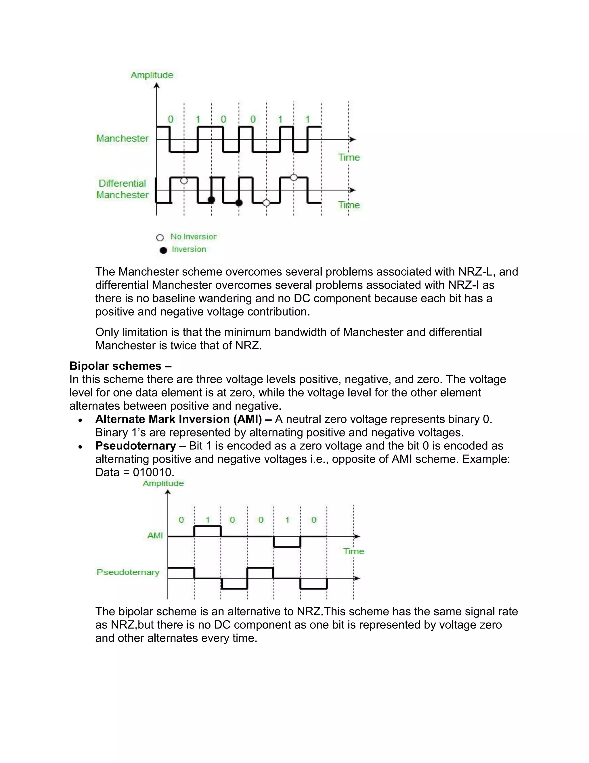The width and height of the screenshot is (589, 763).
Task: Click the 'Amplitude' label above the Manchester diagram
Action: [x=152, y=75]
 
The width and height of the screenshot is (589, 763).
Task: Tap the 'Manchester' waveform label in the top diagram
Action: [x=123, y=138]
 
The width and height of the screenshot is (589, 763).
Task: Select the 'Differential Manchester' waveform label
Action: [x=123, y=189]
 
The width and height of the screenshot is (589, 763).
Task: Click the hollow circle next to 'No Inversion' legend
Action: [x=160, y=238]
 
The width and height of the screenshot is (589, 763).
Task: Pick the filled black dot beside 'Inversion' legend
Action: [x=163, y=250]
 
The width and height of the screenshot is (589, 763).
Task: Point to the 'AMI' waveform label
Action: [x=155, y=536]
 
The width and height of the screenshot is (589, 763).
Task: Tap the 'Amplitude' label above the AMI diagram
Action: [x=163, y=483]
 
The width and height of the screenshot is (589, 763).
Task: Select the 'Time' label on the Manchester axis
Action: [x=349, y=157]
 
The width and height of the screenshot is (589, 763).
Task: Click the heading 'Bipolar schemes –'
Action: [x=121, y=366]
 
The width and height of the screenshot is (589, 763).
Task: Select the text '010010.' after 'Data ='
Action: [x=154, y=472]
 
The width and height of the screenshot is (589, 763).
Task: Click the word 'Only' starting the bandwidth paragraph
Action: [x=107, y=332]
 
